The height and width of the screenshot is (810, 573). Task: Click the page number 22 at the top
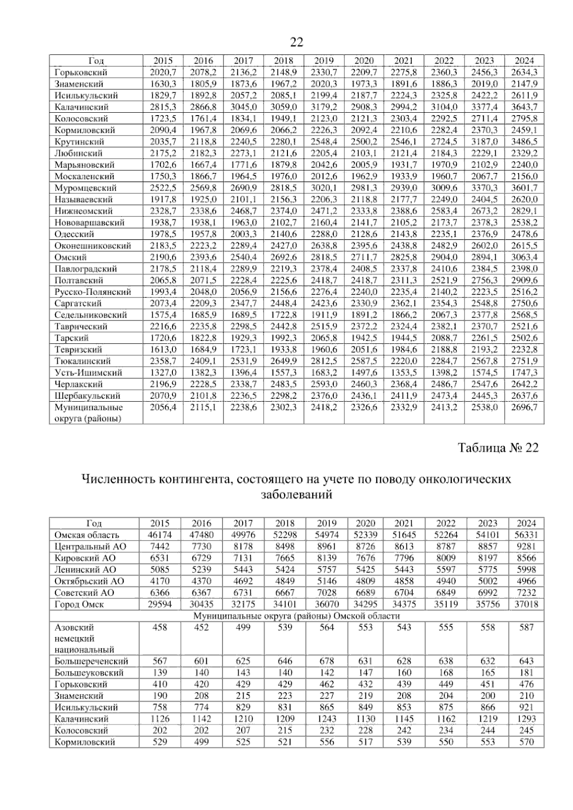(297, 43)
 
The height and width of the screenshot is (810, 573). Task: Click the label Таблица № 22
(498, 448)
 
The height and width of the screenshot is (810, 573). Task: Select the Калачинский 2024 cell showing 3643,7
(524, 107)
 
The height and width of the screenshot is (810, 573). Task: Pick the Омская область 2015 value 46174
(160, 535)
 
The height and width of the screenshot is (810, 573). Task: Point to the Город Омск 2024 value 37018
(526, 604)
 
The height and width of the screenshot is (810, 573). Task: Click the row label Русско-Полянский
(93, 292)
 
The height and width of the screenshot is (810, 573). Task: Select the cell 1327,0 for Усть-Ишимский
(163, 373)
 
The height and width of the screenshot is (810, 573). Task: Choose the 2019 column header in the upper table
(324, 61)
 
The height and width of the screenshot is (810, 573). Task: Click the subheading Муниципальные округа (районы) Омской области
(296, 616)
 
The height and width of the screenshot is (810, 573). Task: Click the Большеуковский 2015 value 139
(160, 673)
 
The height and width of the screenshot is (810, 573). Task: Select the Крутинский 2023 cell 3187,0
(484, 142)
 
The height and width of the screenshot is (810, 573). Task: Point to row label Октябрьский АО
(89, 581)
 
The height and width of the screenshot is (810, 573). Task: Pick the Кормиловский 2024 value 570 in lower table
(526, 742)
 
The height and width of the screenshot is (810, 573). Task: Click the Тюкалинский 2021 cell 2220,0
(404, 361)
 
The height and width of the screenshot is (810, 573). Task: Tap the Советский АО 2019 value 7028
(327, 593)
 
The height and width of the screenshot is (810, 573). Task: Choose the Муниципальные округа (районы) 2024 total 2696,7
(524, 407)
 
